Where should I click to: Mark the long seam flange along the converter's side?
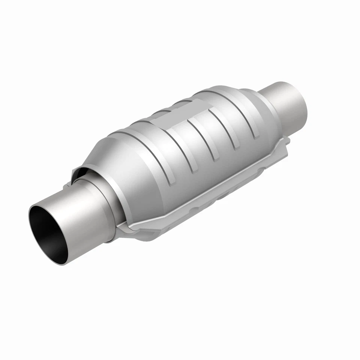coord(210,187)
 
